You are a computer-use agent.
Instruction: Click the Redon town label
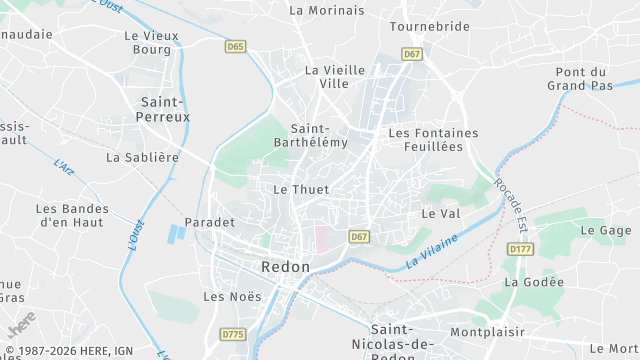pos(285,267)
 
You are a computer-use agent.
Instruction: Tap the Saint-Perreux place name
pos(164,111)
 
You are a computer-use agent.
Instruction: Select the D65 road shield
pos(235,46)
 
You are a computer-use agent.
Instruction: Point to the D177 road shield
pos(520,248)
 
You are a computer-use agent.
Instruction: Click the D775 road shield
pos(233,334)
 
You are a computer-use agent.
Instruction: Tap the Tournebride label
pos(429,26)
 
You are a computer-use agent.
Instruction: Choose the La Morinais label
pos(325,10)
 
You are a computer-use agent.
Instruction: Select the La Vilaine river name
pos(432,251)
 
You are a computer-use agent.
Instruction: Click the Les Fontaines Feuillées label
pos(433,140)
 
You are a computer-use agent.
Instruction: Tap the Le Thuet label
pos(301,189)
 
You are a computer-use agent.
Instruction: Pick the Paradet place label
pos(210,222)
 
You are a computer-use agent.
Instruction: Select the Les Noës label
pos(232,296)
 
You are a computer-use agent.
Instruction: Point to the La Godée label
pos(534,282)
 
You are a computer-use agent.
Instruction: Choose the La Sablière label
pos(142,157)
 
